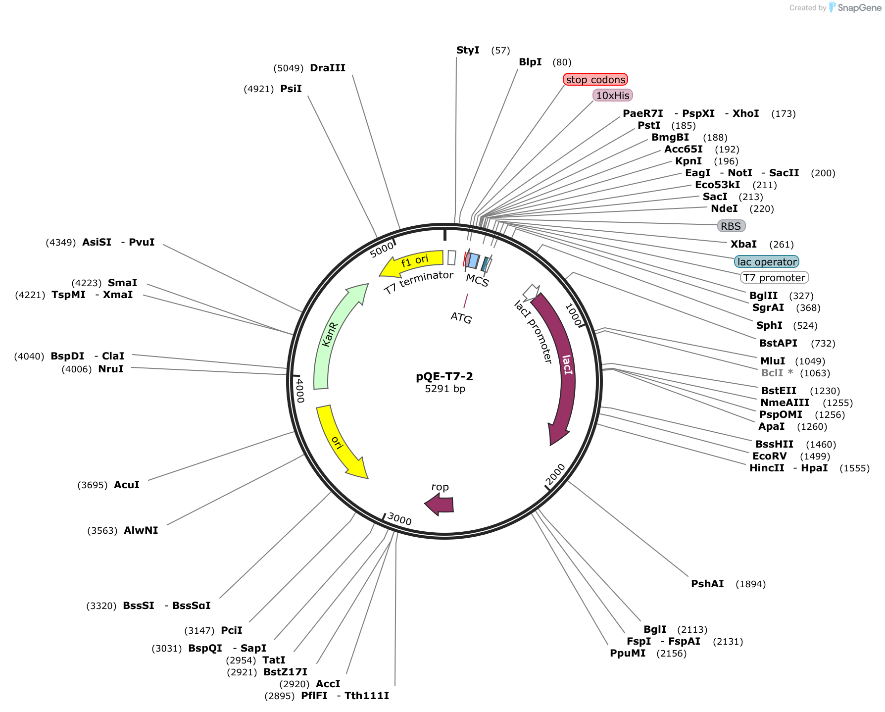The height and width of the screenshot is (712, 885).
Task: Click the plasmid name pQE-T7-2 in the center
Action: (444, 376)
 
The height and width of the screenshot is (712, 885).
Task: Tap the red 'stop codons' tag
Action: (595, 79)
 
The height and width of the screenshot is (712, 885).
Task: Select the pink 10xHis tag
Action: (613, 95)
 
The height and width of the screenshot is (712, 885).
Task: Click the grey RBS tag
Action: (731, 226)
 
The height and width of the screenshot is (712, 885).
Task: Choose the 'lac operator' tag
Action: (767, 261)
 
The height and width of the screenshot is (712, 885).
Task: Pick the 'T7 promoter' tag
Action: (774, 277)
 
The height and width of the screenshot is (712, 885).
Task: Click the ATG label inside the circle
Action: (461, 317)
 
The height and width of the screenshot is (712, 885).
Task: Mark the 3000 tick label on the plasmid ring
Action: (399, 519)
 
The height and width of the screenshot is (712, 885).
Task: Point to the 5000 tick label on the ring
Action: (382, 250)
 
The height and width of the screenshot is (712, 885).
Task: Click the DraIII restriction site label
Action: (328, 68)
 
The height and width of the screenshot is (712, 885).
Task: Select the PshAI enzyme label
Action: (707, 584)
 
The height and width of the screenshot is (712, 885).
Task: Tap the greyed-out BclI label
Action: (772, 373)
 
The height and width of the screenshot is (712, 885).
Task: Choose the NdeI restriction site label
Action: (724, 208)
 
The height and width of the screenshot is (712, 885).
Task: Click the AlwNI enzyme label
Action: (141, 530)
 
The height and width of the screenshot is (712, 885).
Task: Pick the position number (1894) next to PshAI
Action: (751, 584)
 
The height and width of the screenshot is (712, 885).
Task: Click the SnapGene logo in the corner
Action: (855, 7)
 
